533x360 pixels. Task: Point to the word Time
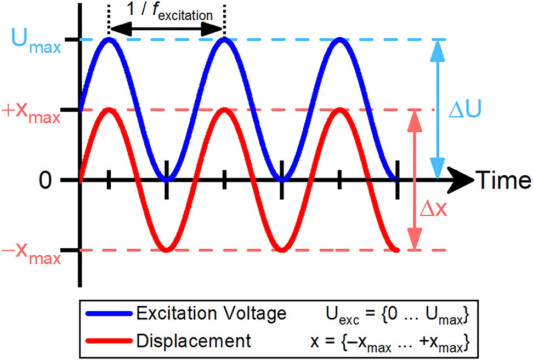point(503,179)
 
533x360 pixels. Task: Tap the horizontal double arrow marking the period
point(167,29)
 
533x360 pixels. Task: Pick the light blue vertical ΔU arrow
point(436,110)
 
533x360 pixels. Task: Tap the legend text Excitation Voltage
point(212,314)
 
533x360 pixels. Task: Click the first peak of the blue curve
point(109,40)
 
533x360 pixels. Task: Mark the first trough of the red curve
point(166,250)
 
